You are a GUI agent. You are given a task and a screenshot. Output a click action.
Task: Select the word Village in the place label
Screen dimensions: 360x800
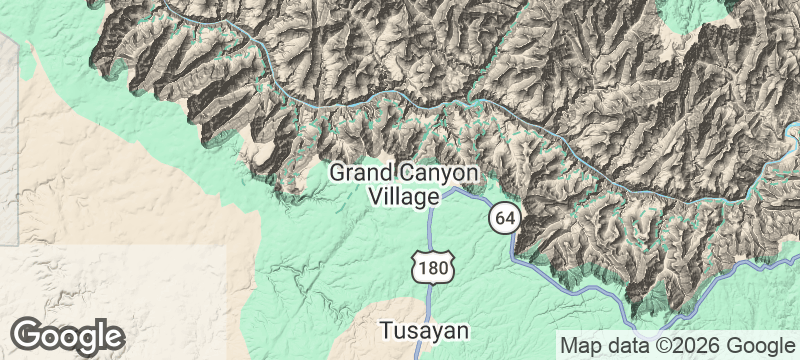tap(404, 196)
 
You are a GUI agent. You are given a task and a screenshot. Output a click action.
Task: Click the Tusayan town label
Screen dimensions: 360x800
tap(424, 330)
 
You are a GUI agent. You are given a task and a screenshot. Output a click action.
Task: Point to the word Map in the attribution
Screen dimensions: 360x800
tap(582, 345)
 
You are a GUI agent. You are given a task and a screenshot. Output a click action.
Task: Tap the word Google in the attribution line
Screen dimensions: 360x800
tap(761, 345)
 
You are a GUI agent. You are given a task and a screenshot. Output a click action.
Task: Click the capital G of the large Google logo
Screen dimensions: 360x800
tap(27, 334)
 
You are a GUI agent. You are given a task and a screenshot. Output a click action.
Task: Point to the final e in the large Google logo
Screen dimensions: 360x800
tap(112, 335)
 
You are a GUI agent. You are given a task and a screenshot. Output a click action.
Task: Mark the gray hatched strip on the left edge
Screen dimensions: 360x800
tap(8, 140)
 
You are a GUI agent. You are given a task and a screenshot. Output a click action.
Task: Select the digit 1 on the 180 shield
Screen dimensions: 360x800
tap(423, 269)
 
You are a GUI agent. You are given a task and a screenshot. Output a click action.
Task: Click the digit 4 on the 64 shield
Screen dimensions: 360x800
tap(510, 217)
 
